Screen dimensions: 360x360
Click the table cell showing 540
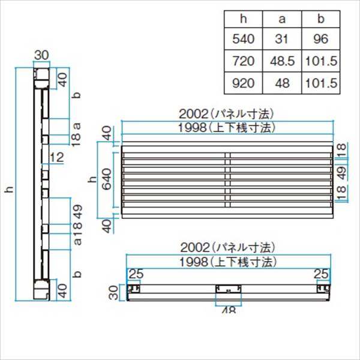pos(244,39)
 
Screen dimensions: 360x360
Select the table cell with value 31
pos(282,39)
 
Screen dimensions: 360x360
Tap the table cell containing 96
pos(321,39)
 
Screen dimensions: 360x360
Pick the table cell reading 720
pos(244,61)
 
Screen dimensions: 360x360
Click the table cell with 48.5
pos(282,61)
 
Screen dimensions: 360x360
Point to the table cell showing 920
pos(244,83)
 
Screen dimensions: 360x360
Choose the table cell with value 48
pos(282,83)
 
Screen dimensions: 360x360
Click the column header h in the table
pos(244,19)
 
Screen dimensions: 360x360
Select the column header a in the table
pos(282,19)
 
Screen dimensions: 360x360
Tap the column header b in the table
pos(321,19)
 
